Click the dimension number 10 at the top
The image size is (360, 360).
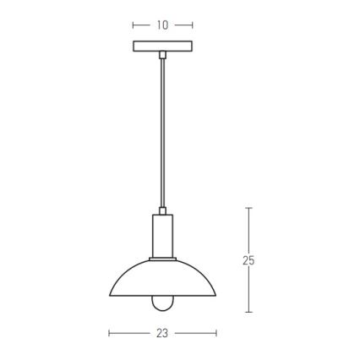click(162, 25)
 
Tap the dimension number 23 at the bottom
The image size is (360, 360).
click(162, 334)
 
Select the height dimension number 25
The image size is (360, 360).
click(248, 260)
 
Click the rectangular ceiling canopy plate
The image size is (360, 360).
click(162, 46)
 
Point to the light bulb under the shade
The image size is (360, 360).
click(162, 303)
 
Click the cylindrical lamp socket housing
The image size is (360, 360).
click(162, 236)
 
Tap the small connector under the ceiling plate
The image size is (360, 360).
click(162, 55)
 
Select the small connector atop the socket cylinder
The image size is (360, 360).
click(162, 211)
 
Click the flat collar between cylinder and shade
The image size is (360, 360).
click(162, 259)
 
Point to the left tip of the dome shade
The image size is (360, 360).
click(110, 295)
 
